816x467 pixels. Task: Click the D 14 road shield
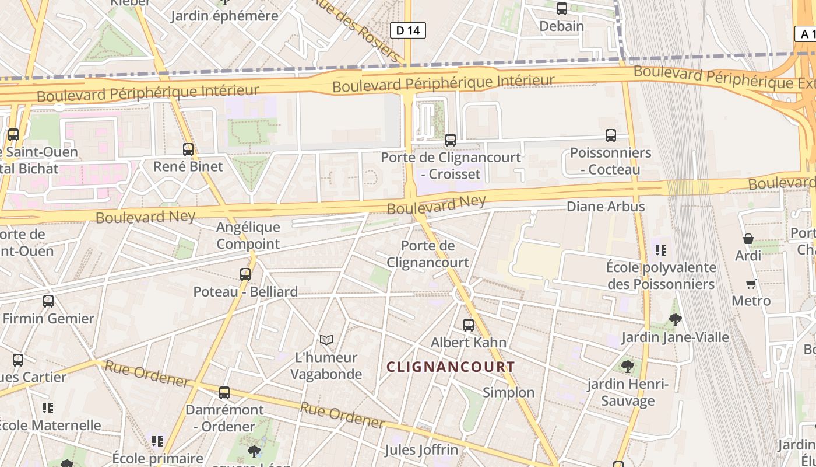pos(407,30)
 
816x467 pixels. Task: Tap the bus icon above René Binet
pos(188,149)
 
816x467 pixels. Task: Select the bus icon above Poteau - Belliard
pos(245,274)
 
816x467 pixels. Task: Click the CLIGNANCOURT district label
pos(451,367)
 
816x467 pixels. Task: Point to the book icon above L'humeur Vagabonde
pos(326,340)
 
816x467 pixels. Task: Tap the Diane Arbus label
pos(606,207)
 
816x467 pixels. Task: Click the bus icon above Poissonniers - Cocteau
pos(610,135)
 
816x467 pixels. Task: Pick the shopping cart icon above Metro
pos(751,284)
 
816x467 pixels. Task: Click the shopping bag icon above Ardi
pos(748,239)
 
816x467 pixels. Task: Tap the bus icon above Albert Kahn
pos(468,325)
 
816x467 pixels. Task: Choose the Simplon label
pos(508,392)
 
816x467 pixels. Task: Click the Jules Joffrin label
pos(421,450)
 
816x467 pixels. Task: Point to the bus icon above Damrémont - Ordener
pos(224,393)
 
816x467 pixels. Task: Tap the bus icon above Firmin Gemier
pos(48,301)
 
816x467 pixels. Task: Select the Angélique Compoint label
pos(248,235)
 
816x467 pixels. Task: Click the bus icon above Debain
pos(561,9)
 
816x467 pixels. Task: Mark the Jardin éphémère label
pos(224,16)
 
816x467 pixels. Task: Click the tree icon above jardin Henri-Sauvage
pos(627,367)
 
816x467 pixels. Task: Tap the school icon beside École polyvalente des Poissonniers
pos(660,250)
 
